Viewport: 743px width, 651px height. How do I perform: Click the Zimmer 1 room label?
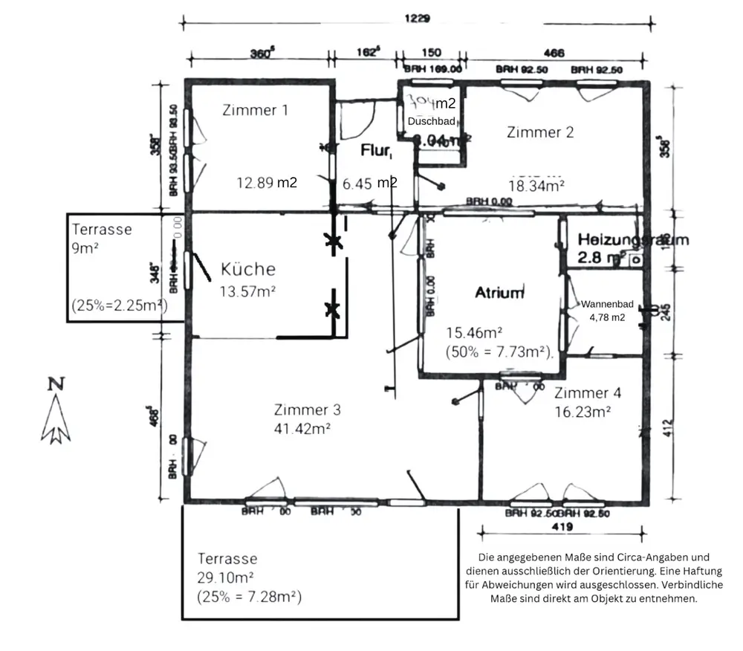coord(255,110)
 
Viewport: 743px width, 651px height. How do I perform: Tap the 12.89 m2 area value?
coord(267,182)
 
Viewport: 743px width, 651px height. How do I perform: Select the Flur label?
coord(376,151)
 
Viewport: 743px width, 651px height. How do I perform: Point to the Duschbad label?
coord(431,120)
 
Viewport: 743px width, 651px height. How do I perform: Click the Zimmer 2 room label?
coord(540,132)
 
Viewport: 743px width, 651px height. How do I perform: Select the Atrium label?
coord(499,293)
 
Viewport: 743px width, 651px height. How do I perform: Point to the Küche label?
coord(248,269)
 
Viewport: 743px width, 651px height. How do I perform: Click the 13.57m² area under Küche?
coord(247,291)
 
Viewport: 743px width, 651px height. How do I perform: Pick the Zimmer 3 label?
coord(307,409)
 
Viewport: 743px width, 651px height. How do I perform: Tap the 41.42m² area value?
coord(302,428)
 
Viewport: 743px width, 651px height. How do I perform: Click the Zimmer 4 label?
coord(588,392)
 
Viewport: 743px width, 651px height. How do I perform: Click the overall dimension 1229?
coord(418,19)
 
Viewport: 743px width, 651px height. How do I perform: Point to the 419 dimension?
coord(562,528)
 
